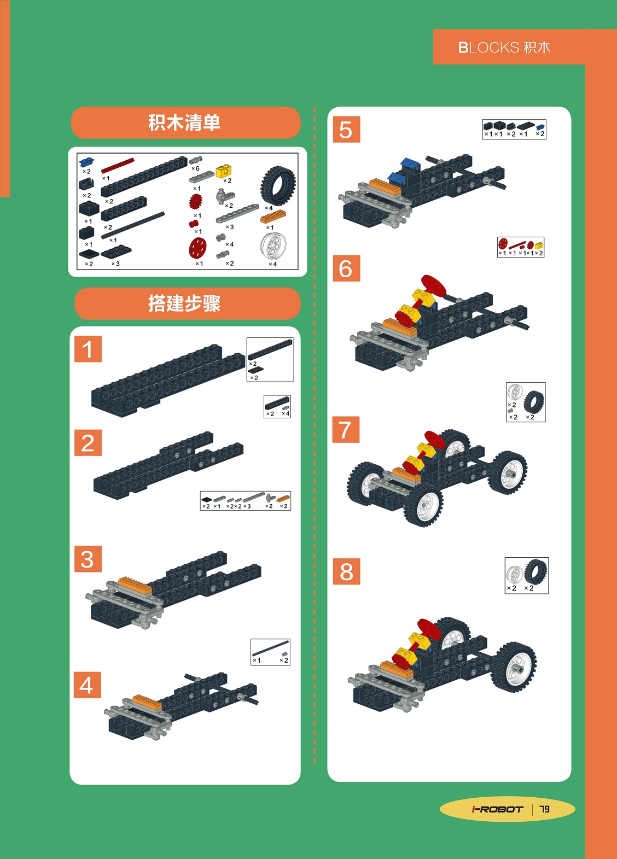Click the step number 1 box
[x=88, y=349]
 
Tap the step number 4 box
[x=88, y=685]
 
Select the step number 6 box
[x=346, y=268]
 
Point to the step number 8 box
[x=346, y=571]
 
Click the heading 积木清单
[x=184, y=122]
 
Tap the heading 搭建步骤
[x=184, y=303]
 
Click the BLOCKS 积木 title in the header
[x=504, y=48]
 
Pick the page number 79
[x=544, y=809]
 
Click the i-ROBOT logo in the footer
[x=498, y=809]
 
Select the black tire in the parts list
[x=278, y=185]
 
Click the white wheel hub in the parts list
[x=273, y=246]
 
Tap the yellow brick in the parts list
[x=224, y=171]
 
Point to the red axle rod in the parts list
[x=118, y=165]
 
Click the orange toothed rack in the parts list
[x=273, y=217]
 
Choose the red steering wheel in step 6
[x=434, y=285]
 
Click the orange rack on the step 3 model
[x=135, y=586]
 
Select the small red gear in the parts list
[x=196, y=201]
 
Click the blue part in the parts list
[x=87, y=162]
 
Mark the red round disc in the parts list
[x=197, y=247]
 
